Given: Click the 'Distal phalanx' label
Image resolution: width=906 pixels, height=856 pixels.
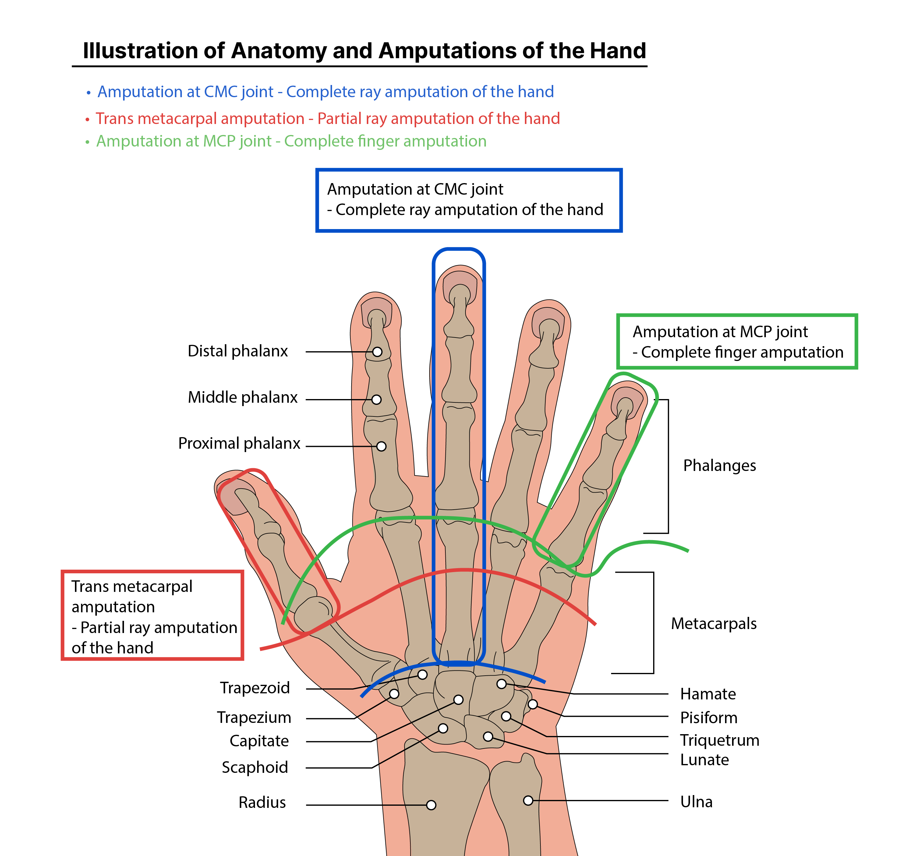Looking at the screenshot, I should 237,351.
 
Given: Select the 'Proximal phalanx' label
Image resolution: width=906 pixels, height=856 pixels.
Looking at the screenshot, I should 239,444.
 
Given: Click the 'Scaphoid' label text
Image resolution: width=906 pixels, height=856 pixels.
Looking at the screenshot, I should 255,767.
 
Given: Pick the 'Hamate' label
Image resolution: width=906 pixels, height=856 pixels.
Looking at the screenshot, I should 708,694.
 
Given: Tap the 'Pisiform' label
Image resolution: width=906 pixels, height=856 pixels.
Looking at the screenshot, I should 709,718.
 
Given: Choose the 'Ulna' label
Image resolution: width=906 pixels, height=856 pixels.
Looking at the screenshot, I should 696,802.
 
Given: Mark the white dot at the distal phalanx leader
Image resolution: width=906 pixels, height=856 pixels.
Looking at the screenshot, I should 377,352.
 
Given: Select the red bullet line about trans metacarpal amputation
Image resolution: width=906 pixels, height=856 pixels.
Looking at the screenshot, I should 327,118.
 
